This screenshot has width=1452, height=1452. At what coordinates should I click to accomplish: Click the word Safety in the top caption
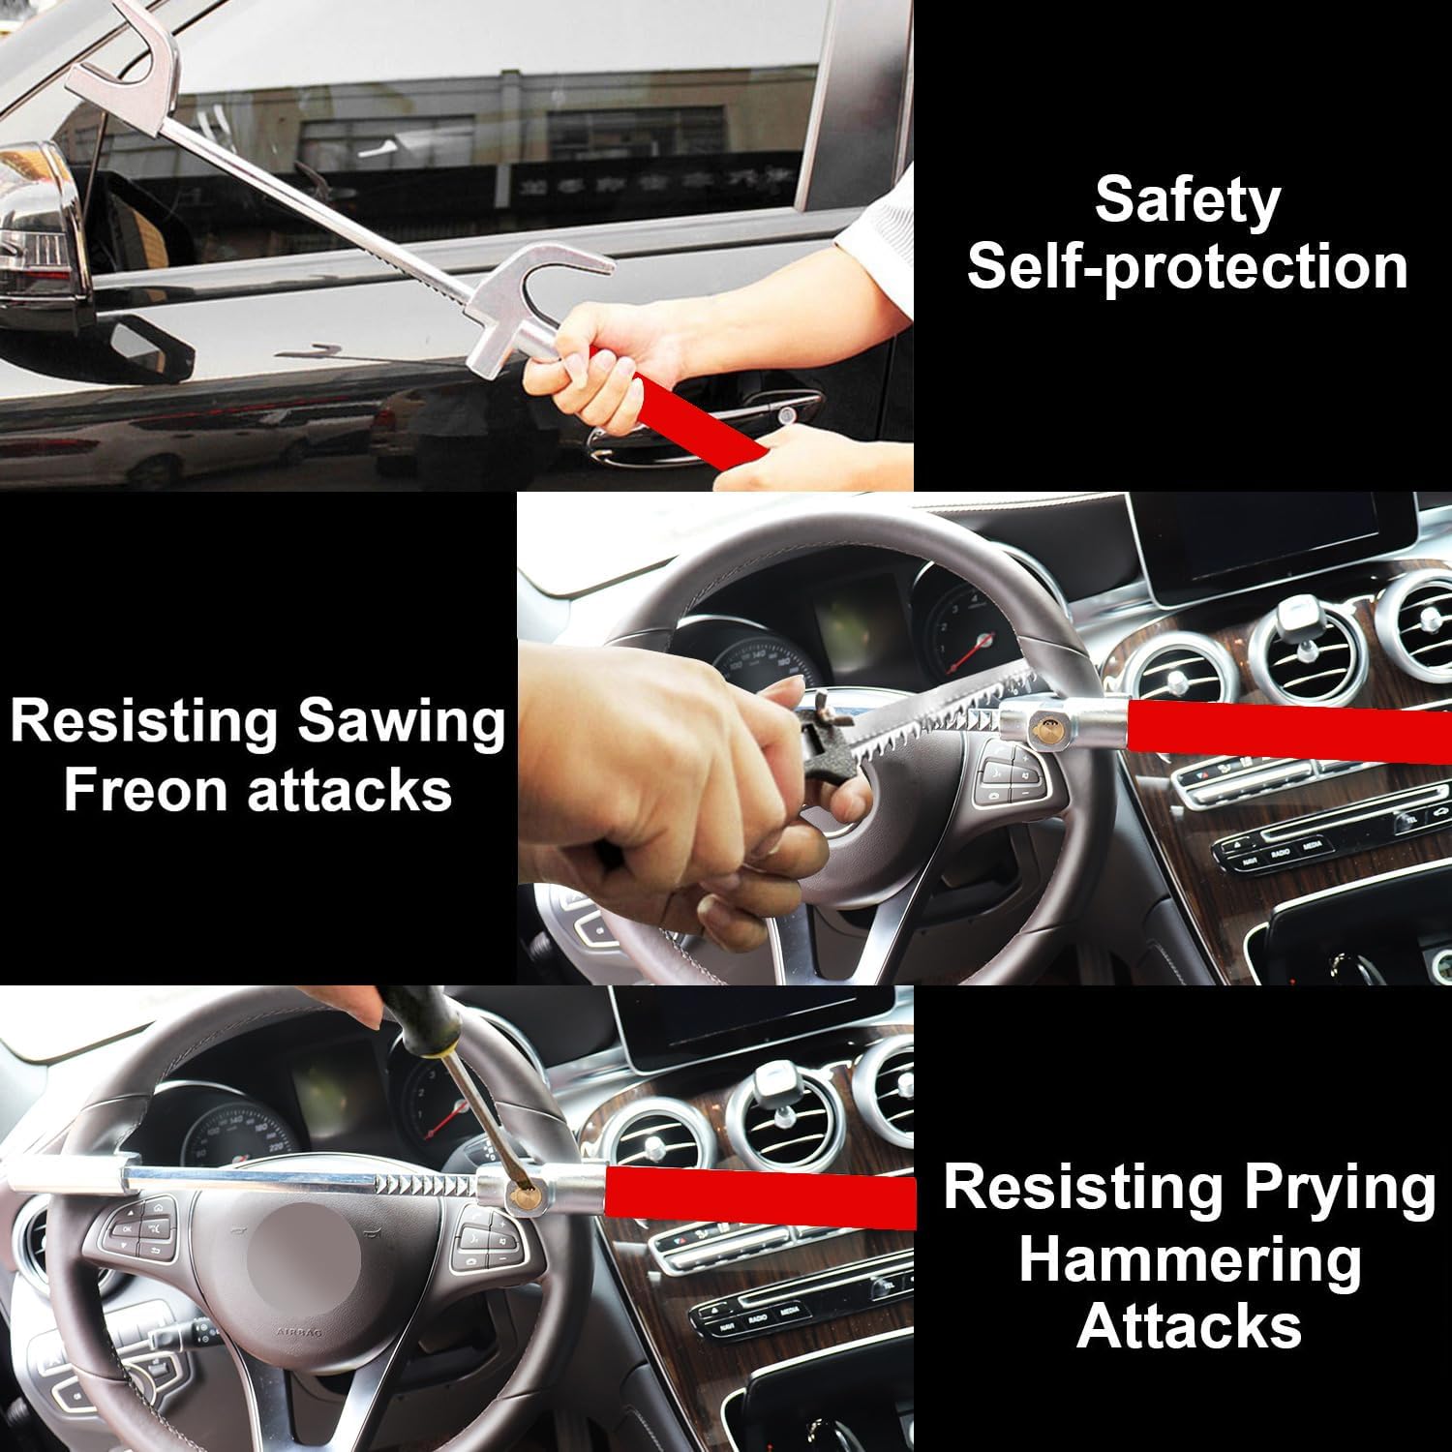1187,200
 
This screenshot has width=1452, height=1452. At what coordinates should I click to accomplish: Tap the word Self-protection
1188,266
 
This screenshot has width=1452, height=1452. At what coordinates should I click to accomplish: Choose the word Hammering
1190,1261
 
